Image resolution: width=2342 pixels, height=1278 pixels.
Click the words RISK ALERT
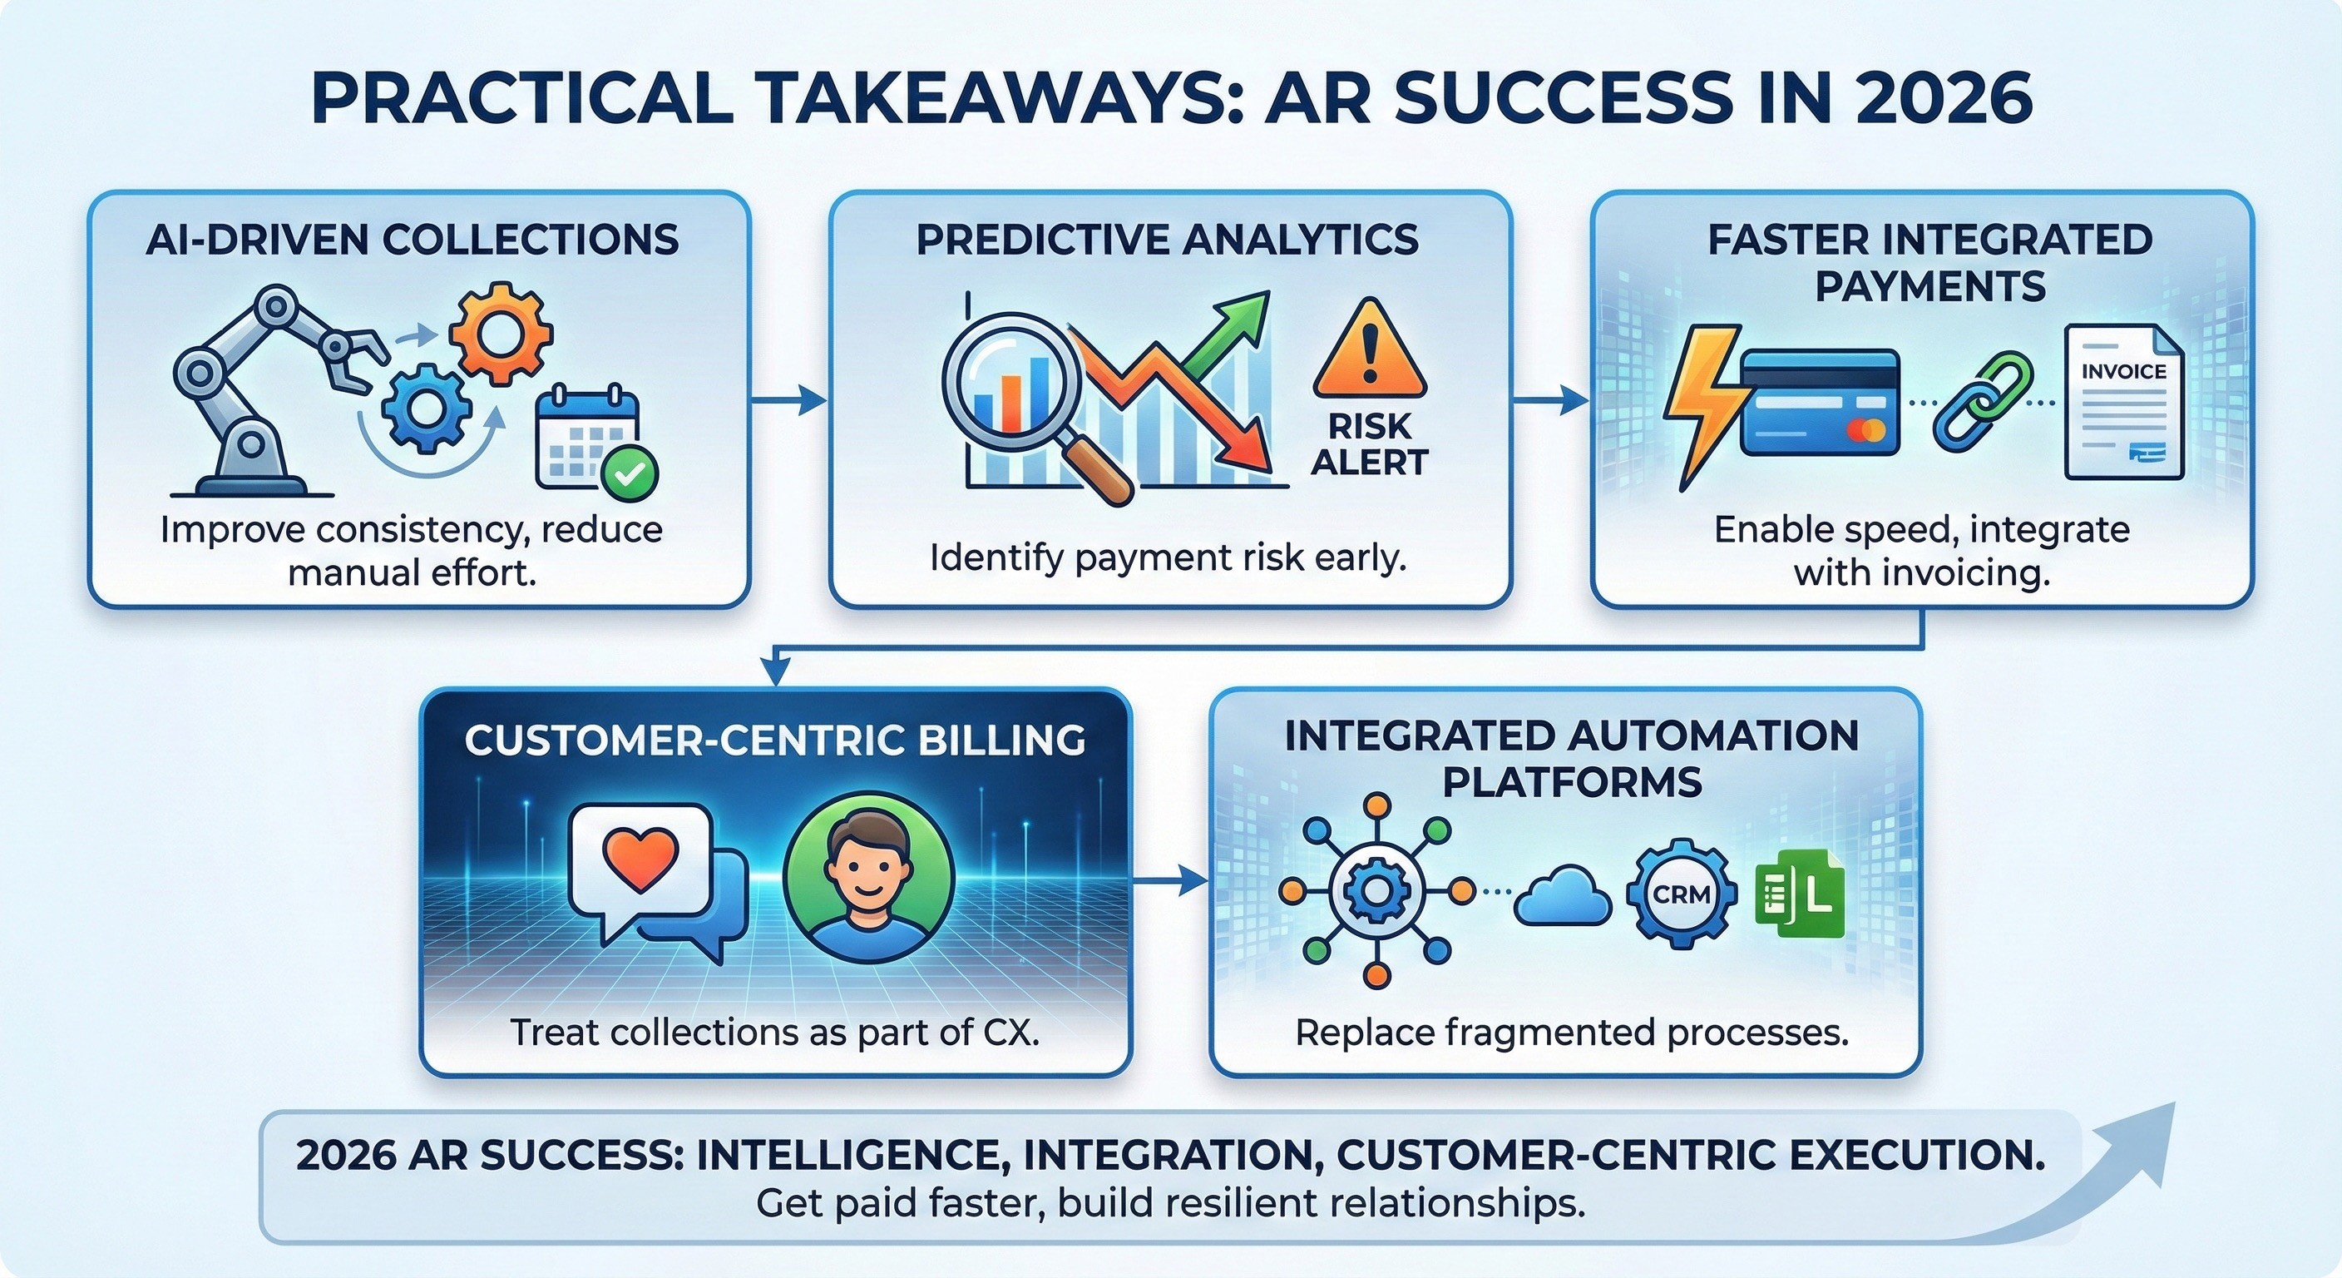[1369, 445]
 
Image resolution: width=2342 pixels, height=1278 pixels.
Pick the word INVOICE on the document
[2123, 371]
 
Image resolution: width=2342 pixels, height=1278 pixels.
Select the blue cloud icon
[1562, 896]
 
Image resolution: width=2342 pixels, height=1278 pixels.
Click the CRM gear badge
[1680, 894]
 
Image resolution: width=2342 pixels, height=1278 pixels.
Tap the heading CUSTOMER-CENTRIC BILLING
[774, 741]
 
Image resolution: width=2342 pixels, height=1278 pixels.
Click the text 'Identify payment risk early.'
[1169, 557]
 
